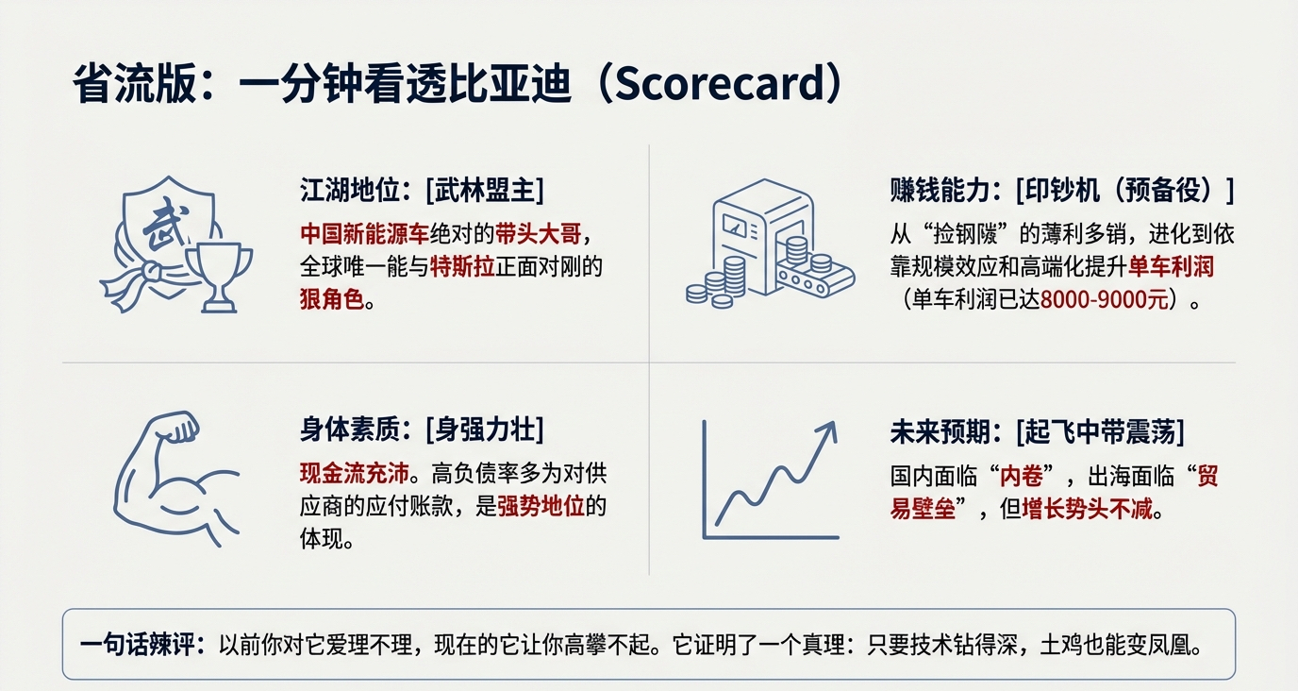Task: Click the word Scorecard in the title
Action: (718, 83)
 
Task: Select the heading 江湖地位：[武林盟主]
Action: (422, 190)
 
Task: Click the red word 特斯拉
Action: (462, 266)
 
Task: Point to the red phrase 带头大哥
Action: (539, 234)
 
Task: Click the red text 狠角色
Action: (332, 299)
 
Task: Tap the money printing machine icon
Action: (770, 243)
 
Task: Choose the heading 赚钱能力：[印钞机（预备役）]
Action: (1062, 190)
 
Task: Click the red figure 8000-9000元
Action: (1105, 299)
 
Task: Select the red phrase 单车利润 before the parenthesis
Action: (1171, 266)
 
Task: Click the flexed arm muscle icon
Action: (176, 480)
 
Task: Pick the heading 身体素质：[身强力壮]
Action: (422, 430)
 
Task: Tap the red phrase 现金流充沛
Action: (354, 474)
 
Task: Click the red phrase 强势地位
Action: (541, 506)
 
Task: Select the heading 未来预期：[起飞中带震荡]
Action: (1038, 432)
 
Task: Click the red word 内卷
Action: (1022, 477)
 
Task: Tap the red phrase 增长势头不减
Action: (1087, 510)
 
